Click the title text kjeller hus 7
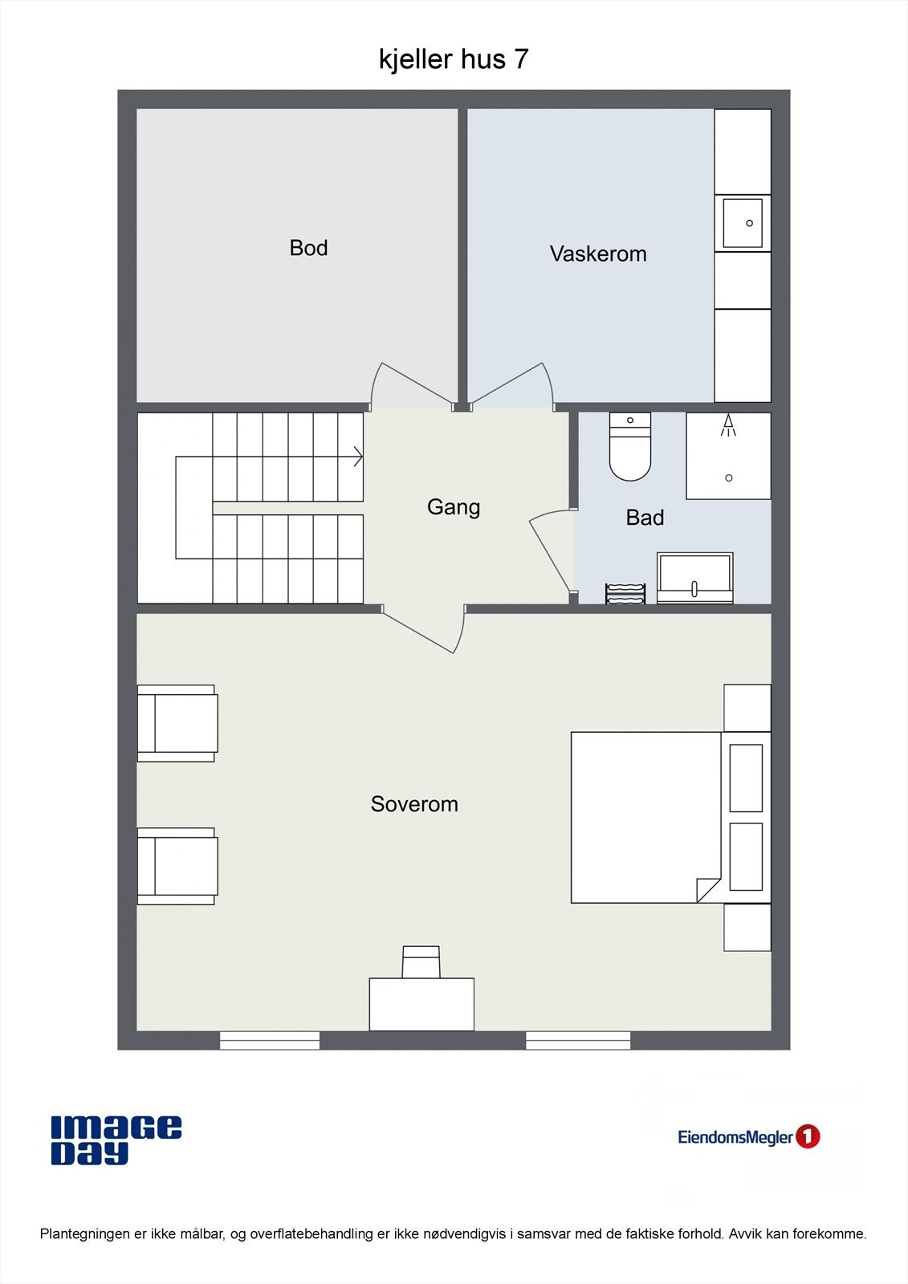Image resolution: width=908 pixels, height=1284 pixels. pyautogui.click(x=454, y=59)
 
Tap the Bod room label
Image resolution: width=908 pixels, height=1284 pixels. pyautogui.click(x=308, y=248)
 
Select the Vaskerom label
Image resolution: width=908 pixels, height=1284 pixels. pyautogui.click(x=597, y=254)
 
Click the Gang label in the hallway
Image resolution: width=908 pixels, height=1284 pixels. pyautogui.click(x=454, y=507)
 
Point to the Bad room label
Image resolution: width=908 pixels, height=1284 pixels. pyautogui.click(x=645, y=518)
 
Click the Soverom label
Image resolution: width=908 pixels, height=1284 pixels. pyautogui.click(x=414, y=804)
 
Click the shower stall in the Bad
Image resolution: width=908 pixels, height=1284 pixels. pyautogui.click(x=728, y=456)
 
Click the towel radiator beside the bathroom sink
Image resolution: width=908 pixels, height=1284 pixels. pyautogui.click(x=625, y=594)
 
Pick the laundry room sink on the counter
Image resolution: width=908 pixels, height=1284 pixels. pyautogui.click(x=743, y=223)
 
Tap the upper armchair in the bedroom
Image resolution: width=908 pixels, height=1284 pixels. pyautogui.click(x=177, y=723)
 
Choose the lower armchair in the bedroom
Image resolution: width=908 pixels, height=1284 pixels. pyautogui.click(x=177, y=867)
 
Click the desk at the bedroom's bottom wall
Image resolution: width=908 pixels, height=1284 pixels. pyautogui.click(x=421, y=1004)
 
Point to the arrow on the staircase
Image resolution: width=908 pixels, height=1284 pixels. pyautogui.click(x=357, y=457)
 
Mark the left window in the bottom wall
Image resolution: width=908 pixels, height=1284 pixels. pyautogui.click(x=270, y=1041)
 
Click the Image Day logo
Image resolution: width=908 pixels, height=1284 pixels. pyautogui.click(x=116, y=1140)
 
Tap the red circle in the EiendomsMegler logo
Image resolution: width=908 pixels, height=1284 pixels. pyautogui.click(x=808, y=1136)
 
